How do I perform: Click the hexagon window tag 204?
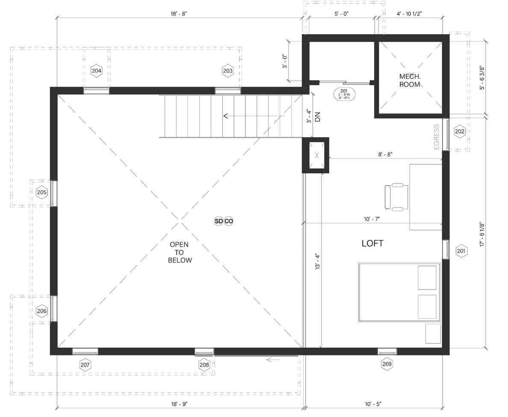click(x=97, y=71)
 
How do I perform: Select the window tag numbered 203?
click(x=228, y=71)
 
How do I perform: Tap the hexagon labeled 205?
click(x=42, y=192)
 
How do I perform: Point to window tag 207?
click(x=85, y=365)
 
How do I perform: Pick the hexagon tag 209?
click(x=387, y=364)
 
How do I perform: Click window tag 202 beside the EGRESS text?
click(x=460, y=131)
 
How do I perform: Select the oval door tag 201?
click(x=344, y=94)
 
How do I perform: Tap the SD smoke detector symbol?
click(x=219, y=221)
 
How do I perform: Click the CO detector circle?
click(x=229, y=221)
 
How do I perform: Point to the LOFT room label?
click(x=372, y=243)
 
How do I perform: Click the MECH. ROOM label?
click(x=410, y=80)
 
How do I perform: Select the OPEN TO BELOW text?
click(x=180, y=252)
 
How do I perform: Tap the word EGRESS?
click(x=437, y=137)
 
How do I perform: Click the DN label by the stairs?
click(x=317, y=117)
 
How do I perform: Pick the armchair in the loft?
click(x=396, y=197)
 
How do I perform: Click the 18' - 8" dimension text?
click(x=179, y=14)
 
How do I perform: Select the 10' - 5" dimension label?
click(x=373, y=404)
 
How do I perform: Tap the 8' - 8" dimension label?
click(x=385, y=154)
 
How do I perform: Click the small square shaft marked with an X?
click(x=316, y=155)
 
